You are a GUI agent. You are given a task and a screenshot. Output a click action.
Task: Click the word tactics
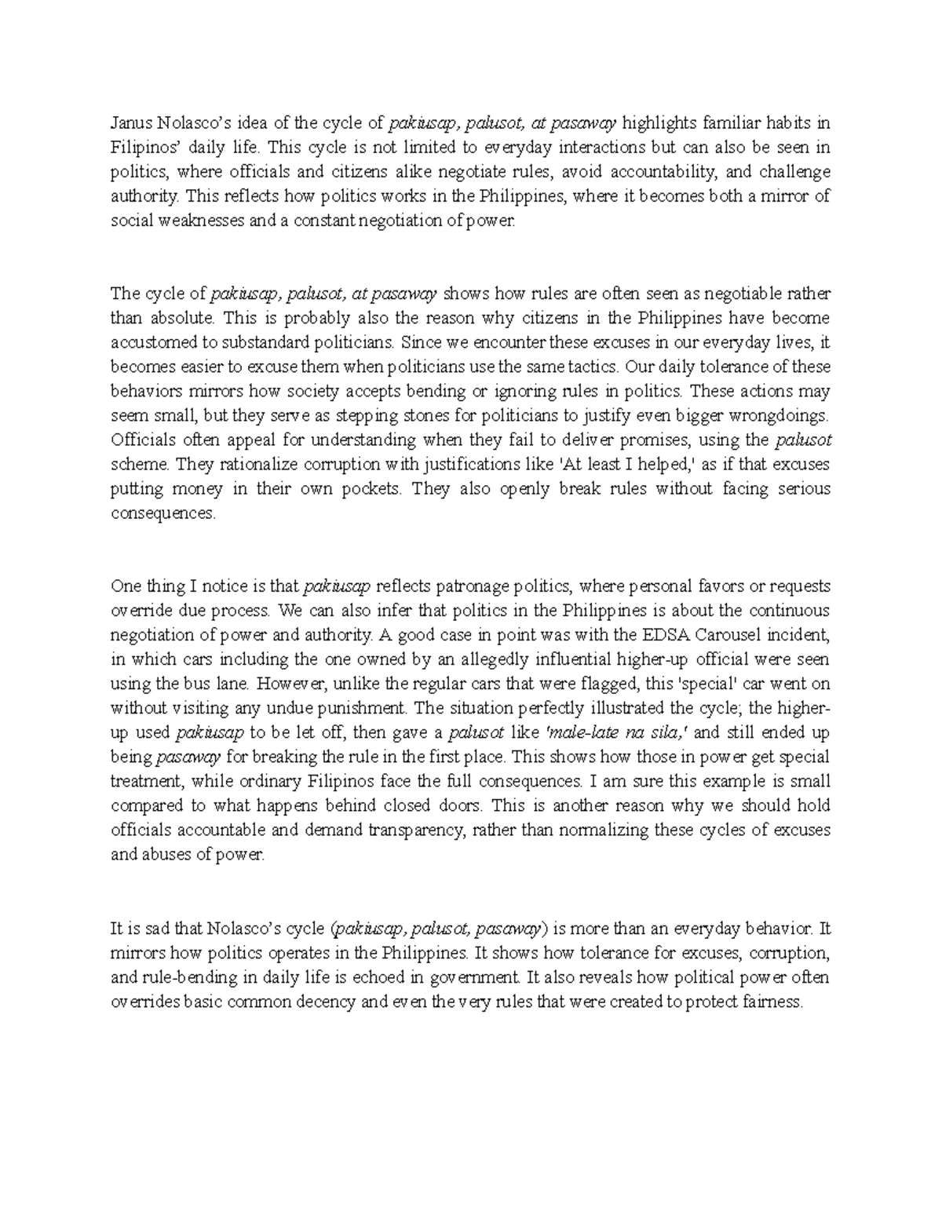click(600, 367)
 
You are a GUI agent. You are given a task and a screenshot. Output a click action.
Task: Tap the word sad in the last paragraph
click(157, 929)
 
